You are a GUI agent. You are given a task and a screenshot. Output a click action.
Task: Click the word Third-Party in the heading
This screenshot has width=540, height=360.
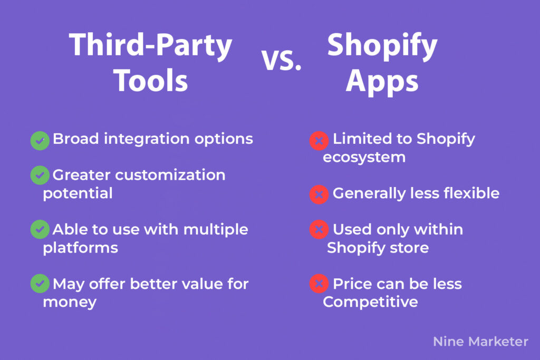tap(150, 46)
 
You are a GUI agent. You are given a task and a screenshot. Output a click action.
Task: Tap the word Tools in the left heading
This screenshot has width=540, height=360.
tap(150, 80)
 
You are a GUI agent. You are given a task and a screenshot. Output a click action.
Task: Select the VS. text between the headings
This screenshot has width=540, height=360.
tap(282, 60)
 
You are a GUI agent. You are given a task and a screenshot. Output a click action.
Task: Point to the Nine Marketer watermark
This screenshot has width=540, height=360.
tap(480, 342)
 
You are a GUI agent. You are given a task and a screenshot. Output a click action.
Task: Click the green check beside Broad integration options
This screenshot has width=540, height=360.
tap(40, 140)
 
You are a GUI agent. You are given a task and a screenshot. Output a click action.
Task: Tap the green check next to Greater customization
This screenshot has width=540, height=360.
tap(40, 175)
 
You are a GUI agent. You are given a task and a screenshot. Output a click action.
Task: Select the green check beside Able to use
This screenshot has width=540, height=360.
tap(40, 229)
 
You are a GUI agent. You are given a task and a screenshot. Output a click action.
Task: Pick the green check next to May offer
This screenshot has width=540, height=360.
tap(40, 284)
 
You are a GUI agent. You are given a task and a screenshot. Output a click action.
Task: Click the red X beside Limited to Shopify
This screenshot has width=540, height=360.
tap(319, 141)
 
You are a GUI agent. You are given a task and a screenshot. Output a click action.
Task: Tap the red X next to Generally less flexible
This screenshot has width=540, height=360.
tap(319, 195)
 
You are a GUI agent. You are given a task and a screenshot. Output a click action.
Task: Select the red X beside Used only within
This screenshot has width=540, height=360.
tap(319, 230)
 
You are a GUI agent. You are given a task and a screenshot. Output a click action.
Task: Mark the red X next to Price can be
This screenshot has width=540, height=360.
tap(319, 284)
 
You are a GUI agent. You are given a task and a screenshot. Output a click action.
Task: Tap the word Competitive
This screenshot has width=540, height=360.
tap(370, 302)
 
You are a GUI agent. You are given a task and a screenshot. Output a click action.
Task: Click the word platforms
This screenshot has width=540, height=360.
tap(80, 248)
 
